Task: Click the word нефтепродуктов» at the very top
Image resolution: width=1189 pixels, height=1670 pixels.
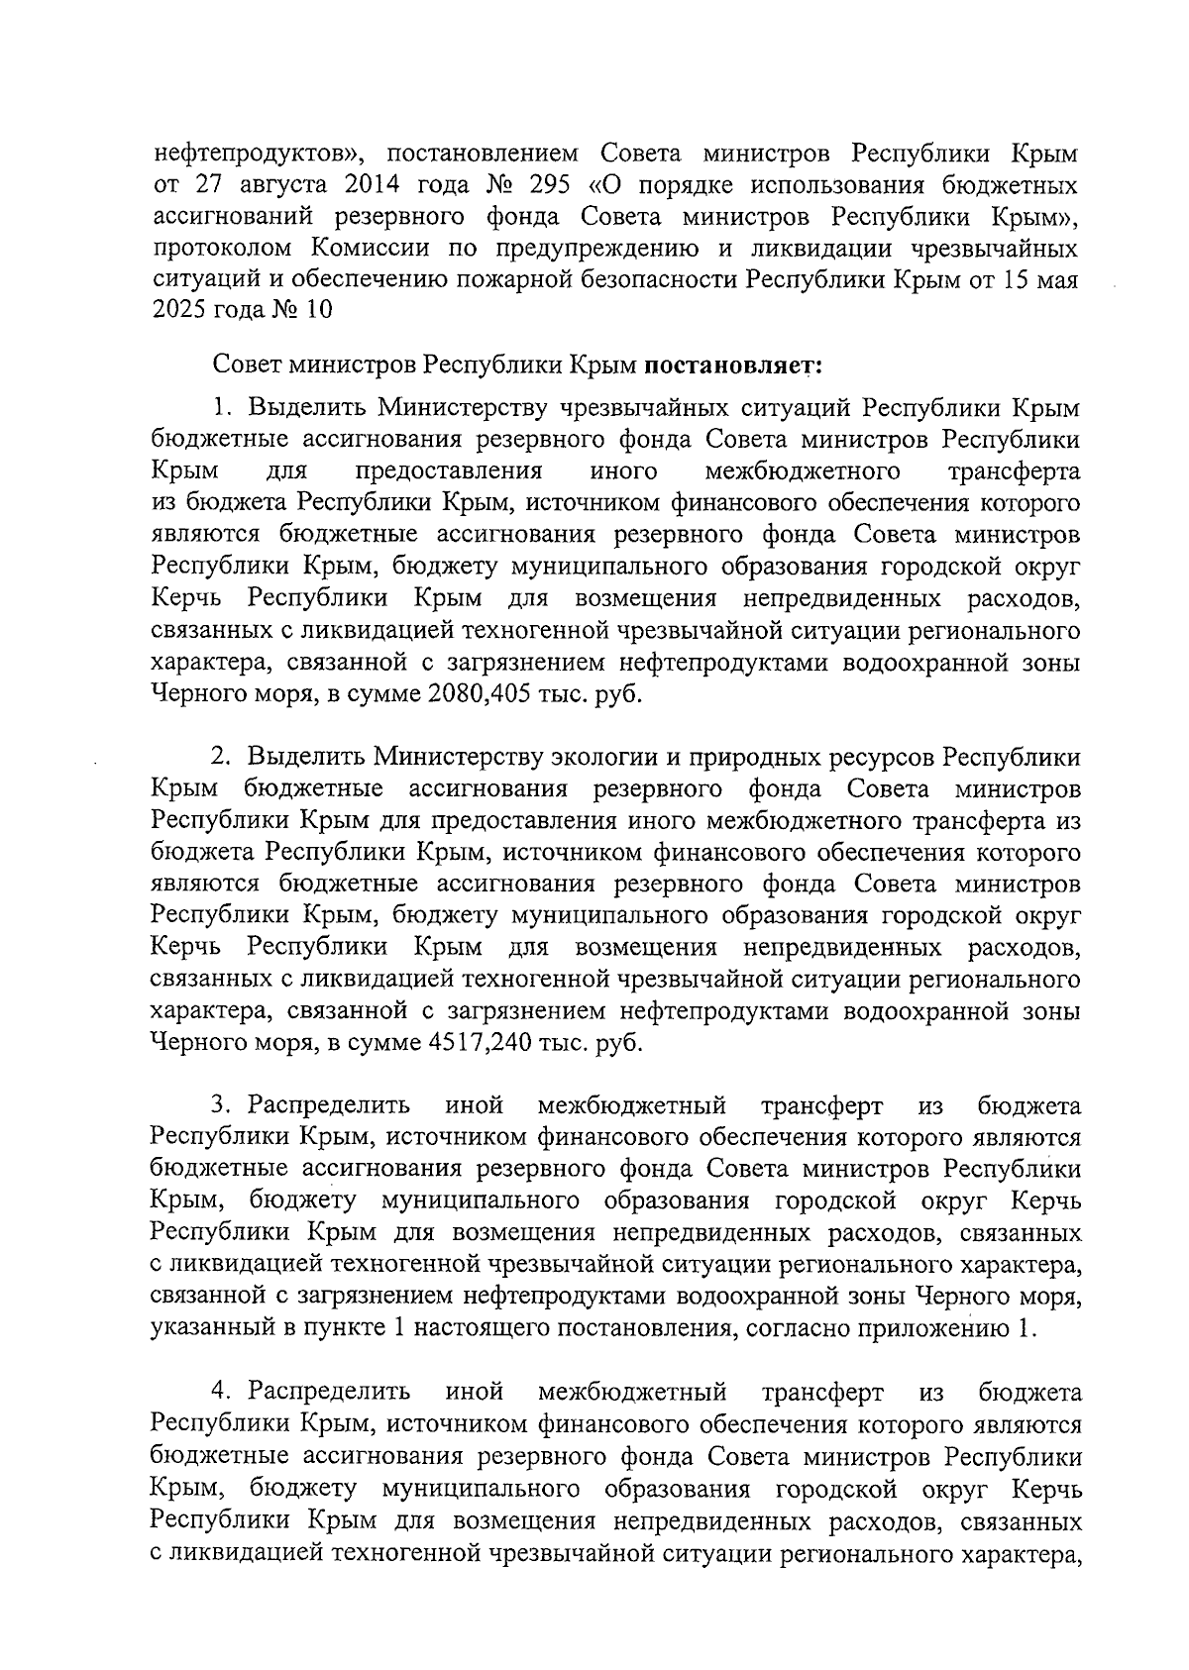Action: (x=260, y=155)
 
